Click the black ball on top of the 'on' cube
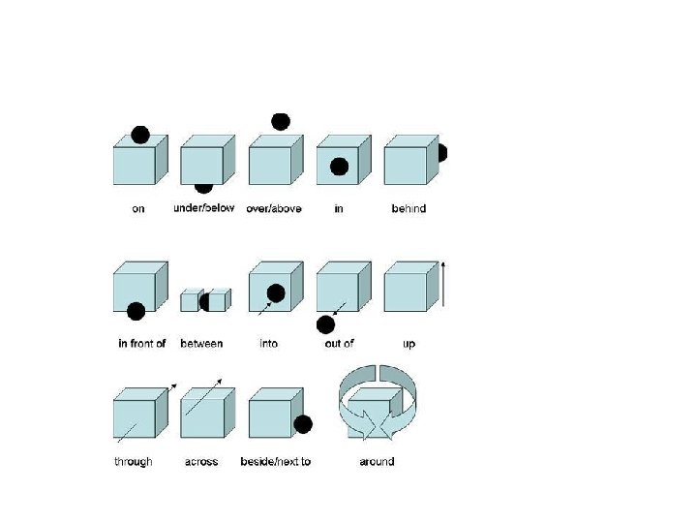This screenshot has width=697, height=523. coord(140,135)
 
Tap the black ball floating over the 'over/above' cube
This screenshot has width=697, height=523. coord(281,121)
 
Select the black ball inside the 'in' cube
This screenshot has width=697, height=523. coord(339,167)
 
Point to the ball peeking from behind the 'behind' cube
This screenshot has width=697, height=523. coord(441,153)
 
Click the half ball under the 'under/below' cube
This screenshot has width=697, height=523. coord(203,188)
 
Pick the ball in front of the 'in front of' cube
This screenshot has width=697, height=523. coord(136,311)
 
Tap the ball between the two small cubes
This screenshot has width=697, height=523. coord(205,301)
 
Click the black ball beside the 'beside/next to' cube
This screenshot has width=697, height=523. coord(303,424)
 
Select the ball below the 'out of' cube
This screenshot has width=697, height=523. coord(326,324)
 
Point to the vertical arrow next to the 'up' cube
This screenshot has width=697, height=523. coord(443,285)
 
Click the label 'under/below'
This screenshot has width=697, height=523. coord(203,208)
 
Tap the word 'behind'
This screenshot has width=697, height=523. coord(409,208)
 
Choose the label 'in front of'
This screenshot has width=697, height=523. coord(142,344)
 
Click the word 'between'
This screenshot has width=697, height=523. coord(201,344)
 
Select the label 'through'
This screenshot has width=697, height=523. coord(134,462)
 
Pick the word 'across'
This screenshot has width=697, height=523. coord(201,462)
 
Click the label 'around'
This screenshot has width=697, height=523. coord(377,462)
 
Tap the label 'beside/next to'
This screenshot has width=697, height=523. coord(276,462)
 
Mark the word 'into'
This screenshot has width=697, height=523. coord(268,344)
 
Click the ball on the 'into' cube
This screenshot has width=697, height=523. coord(276,292)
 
